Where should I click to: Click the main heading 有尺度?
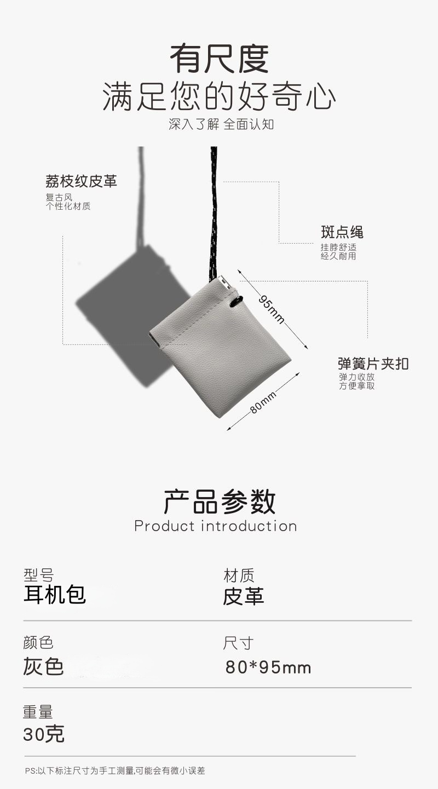[219, 59]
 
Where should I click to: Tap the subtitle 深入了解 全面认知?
[221, 124]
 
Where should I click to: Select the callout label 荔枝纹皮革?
[81, 181]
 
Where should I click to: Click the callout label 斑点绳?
[342, 232]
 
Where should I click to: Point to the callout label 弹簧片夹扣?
[373, 364]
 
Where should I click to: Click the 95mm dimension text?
[272, 309]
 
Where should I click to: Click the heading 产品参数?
[220, 502]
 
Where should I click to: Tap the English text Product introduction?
[216, 526]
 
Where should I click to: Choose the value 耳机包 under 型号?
[55, 595]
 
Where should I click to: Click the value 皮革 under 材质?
[244, 596]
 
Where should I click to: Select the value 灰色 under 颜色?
[44, 666]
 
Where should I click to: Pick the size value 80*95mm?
[268, 667]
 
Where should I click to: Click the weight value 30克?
[44, 734]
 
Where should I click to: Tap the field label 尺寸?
[238, 643]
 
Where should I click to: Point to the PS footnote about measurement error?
[115, 771]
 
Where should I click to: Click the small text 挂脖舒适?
[338, 247]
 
